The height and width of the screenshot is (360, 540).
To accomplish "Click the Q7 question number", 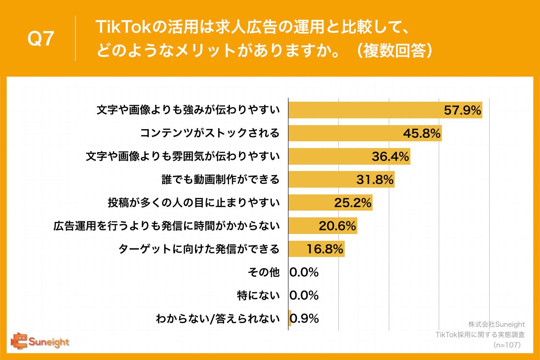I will click(41, 39).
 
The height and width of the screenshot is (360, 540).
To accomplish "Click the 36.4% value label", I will click(390, 157).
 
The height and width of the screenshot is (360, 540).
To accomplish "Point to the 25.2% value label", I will click(353, 203).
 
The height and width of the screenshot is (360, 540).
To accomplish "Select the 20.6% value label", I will click(337, 226).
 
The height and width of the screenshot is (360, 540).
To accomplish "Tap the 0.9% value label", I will click(305, 319).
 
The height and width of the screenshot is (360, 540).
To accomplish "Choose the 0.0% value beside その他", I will click(304, 272).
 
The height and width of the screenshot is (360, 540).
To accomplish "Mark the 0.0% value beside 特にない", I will click(304, 295).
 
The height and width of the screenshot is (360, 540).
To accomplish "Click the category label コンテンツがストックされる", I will click(210, 133).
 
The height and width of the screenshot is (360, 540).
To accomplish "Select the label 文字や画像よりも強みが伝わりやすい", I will click(189, 110).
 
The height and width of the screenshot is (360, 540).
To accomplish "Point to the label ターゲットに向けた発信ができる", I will click(199, 249).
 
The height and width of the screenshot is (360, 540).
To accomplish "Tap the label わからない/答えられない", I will click(217, 319).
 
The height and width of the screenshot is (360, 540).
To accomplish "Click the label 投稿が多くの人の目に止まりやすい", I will click(193, 203).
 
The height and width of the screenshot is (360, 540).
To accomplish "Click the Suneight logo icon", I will click(20, 342).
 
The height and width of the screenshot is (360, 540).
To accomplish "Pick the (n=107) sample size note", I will click(507, 345).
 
